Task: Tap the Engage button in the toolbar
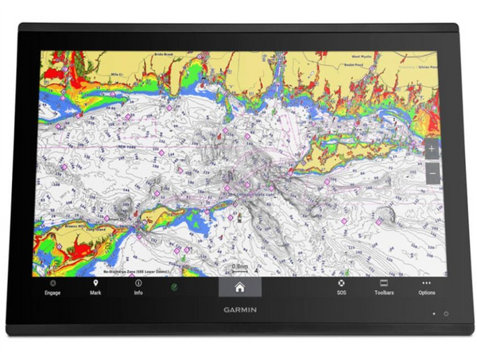[52, 287]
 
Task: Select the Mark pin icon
[95, 287]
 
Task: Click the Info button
[138, 287]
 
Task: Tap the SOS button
[341, 287]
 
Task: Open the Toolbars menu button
[384, 287]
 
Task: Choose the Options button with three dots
[427, 287]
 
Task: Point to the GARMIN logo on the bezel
[238, 312]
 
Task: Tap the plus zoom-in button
[432, 149]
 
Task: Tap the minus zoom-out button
[432, 172]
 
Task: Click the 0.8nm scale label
[238, 266]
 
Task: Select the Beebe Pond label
[352, 66]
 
